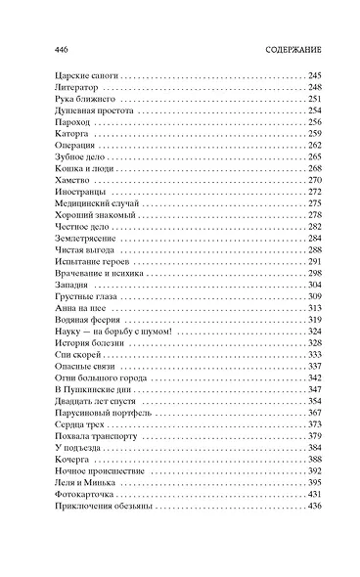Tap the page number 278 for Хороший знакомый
coord(314,214)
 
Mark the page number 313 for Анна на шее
coord(314,308)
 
